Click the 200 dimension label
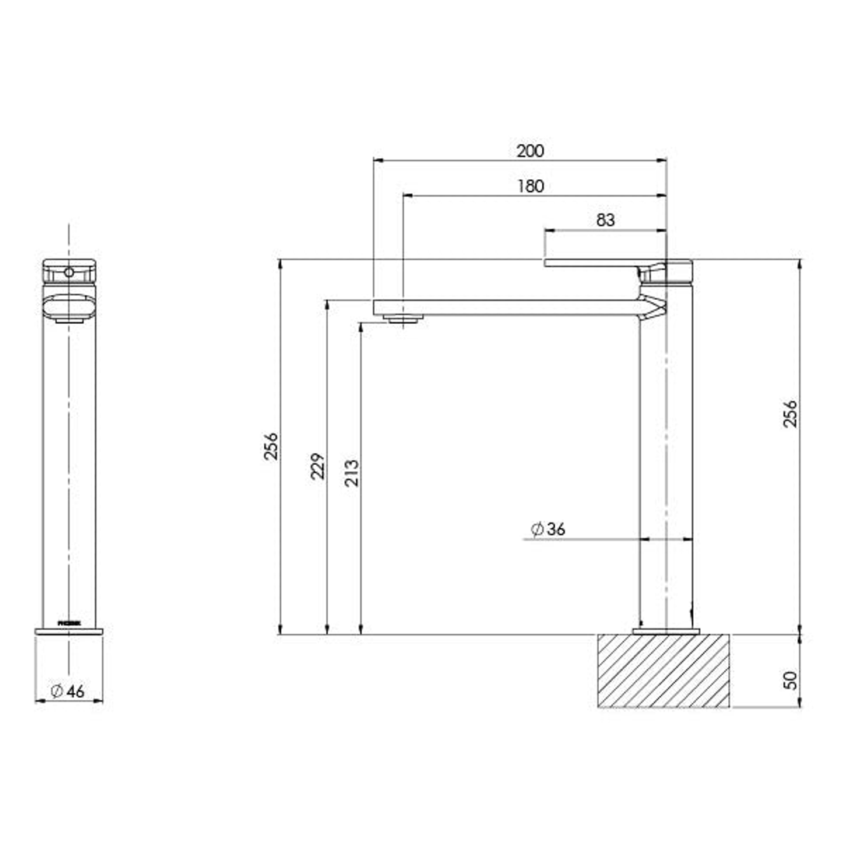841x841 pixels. click(530, 150)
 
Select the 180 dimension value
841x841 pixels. click(530, 186)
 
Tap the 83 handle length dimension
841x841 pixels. click(605, 220)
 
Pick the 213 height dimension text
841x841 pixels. click(351, 472)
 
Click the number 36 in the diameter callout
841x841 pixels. click(555, 530)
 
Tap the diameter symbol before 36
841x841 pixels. click(537, 530)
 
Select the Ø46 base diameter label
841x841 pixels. click(68, 691)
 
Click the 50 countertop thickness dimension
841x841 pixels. click(790, 679)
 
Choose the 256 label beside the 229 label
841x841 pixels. click(270, 446)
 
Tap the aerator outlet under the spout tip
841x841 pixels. click(403, 318)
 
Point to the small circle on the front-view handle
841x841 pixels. click(69, 273)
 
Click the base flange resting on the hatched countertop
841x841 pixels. click(666, 631)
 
